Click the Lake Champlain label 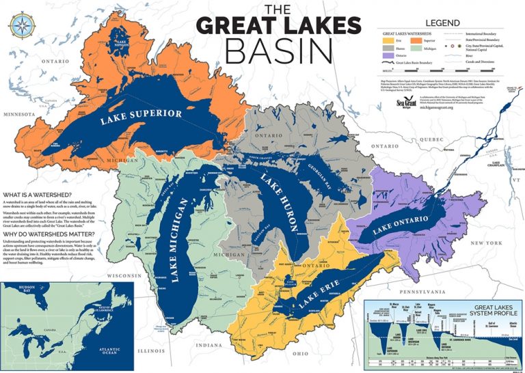[x=495, y=164]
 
